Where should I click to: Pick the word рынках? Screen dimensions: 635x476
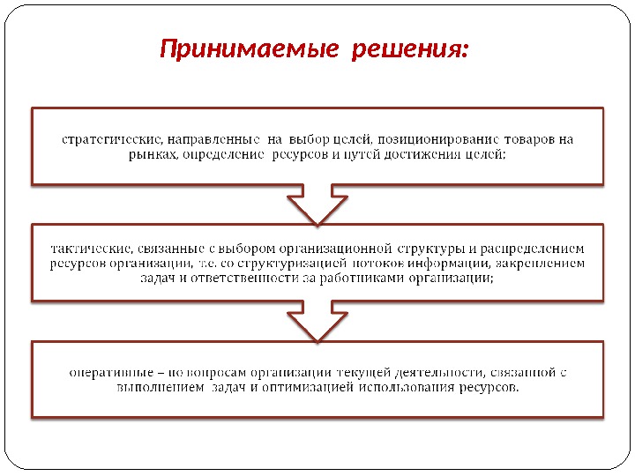click(148, 154)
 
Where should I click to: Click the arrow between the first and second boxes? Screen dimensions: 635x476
click(317, 205)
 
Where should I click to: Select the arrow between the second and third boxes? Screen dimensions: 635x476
click(317, 321)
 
